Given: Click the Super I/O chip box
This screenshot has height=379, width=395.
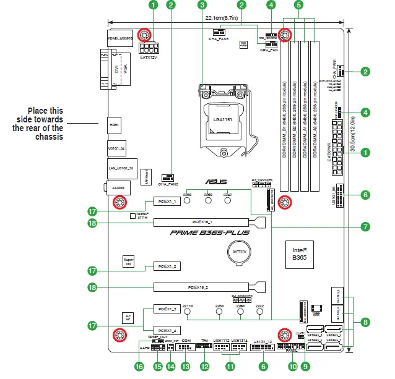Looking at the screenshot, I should coord(129,262).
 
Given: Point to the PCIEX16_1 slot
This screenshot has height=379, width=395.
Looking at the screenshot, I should coord(202,222).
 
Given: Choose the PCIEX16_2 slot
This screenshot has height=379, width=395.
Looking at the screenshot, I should coord(202,287).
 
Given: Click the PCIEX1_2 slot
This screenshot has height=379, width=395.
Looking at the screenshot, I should coord(166,266).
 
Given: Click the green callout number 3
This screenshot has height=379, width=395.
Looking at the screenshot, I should coord(201,5).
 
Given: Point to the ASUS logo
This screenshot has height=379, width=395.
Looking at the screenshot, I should coord(218,182).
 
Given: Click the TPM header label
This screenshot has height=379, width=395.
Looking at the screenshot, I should coord(204,340).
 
